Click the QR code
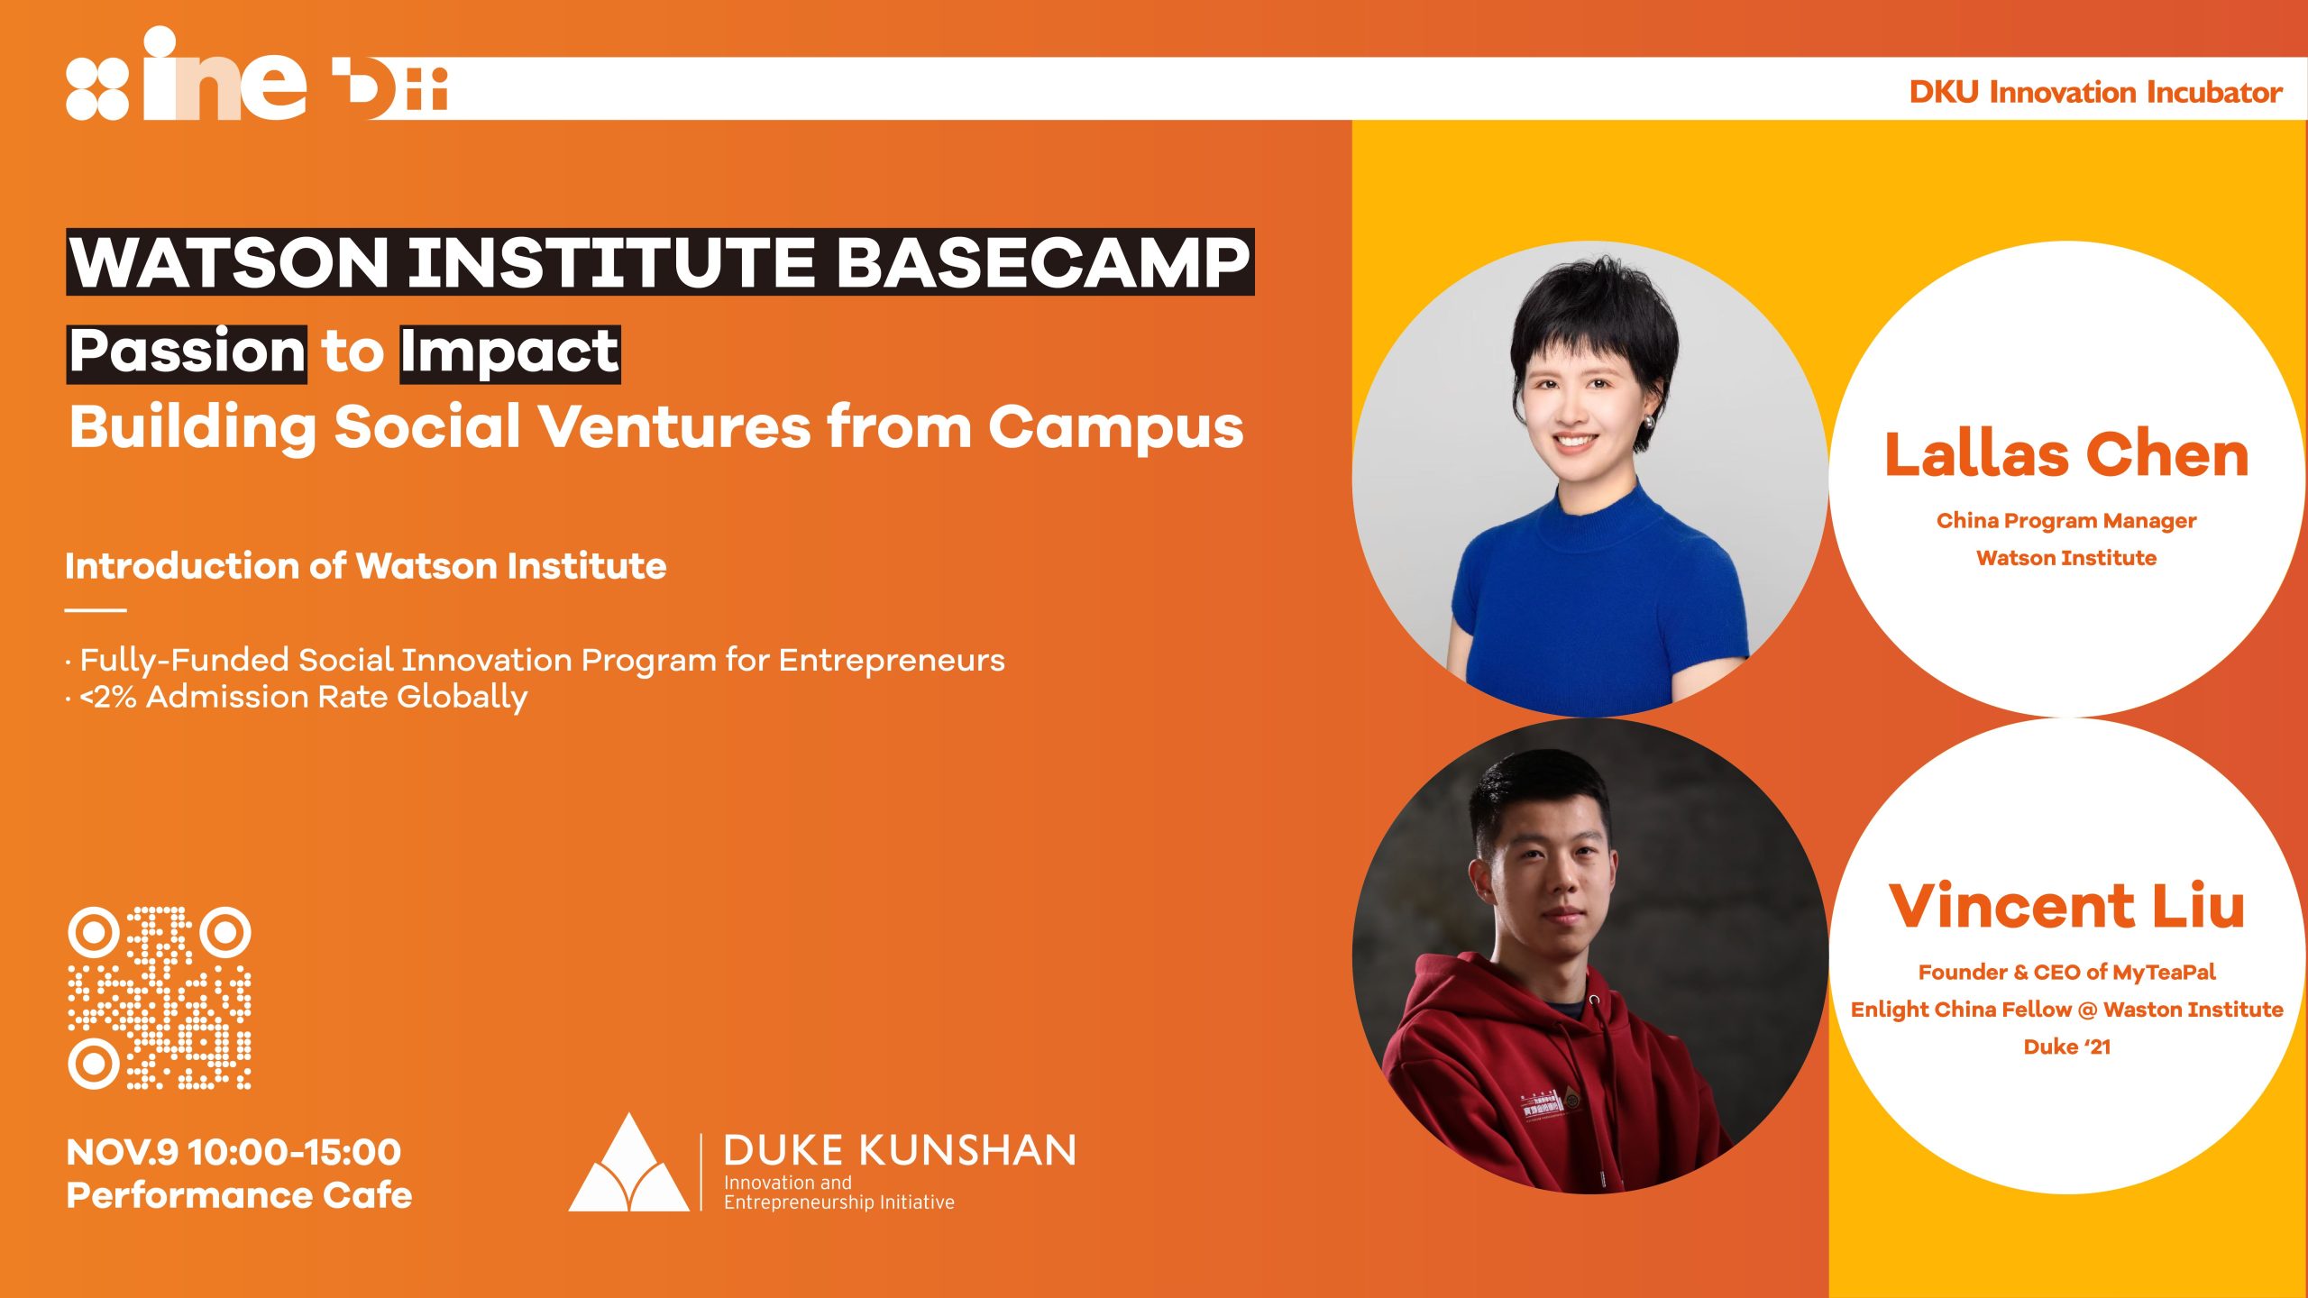(x=160, y=998)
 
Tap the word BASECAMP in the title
(x=1044, y=262)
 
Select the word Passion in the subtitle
(x=188, y=351)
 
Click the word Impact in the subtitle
(x=510, y=352)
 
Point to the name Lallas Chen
(x=2066, y=454)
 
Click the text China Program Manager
(x=2066, y=521)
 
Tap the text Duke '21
(x=2067, y=1047)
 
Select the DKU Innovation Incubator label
(x=2095, y=92)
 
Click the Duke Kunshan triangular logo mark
(x=628, y=1163)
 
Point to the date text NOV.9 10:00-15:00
(x=234, y=1152)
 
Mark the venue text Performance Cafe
(x=239, y=1195)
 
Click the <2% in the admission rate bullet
(x=107, y=697)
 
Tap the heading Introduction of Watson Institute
(x=366, y=566)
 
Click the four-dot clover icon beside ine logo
(x=97, y=88)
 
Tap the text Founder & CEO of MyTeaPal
(x=2066, y=972)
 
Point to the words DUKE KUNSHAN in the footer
(x=900, y=1151)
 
